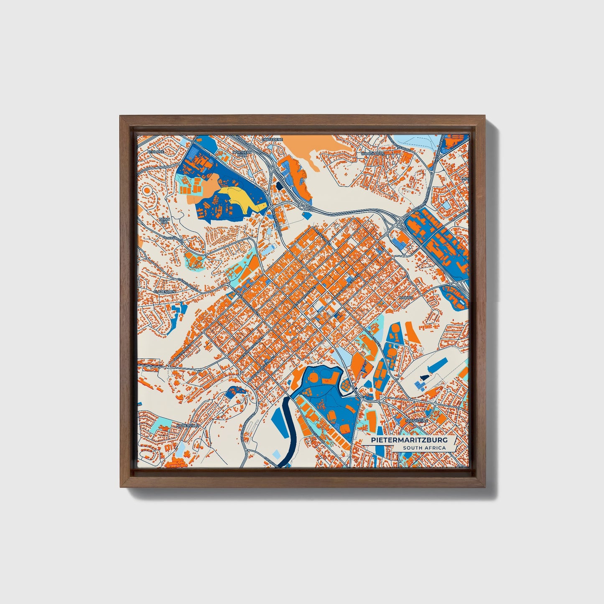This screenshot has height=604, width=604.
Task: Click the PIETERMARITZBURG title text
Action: (409, 440)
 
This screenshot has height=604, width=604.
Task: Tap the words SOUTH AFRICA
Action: (424, 448)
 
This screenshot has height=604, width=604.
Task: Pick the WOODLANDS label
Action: (372, 154)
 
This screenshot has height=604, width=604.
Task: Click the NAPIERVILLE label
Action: (186, 425)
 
